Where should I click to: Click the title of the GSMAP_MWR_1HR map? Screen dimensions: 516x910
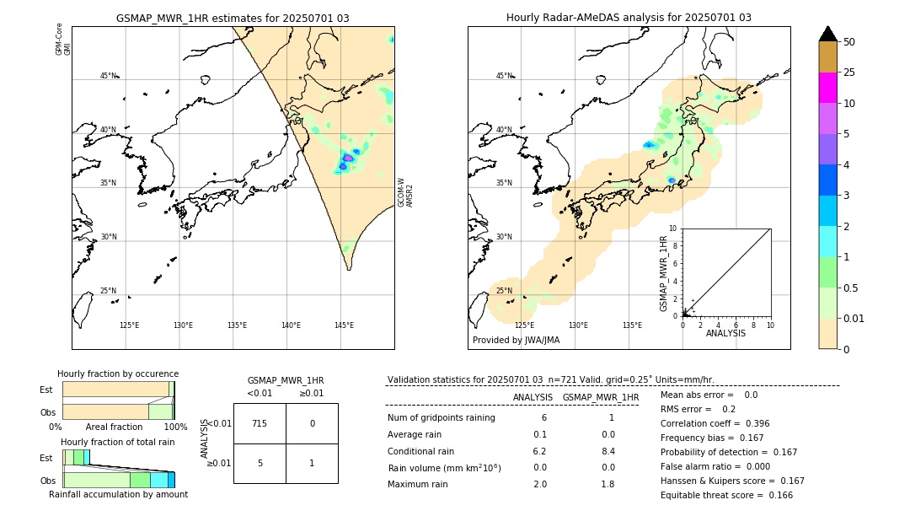233,18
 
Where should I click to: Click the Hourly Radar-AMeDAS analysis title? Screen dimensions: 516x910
629,18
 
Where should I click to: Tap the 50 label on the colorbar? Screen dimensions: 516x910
849,42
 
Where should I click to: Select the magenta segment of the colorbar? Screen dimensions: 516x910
827,88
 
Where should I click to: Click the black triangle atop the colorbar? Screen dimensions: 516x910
827,34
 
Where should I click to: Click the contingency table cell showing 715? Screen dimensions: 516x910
260,423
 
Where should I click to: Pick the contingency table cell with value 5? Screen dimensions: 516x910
260,463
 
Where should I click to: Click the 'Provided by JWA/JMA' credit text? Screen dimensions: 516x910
516,341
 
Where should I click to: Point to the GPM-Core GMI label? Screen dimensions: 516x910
63,40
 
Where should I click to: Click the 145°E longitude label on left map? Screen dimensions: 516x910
344,325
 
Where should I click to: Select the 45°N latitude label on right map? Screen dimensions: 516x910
504,76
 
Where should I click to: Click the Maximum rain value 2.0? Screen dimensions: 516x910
539,484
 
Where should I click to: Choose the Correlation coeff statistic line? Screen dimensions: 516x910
715,423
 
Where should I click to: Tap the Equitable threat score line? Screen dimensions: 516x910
726,496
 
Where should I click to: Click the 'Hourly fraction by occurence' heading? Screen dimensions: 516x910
118,374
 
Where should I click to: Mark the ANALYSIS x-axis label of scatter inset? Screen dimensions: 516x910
725,333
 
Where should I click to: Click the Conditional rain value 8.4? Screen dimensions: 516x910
608,451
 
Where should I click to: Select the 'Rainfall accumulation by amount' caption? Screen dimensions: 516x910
118,494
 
